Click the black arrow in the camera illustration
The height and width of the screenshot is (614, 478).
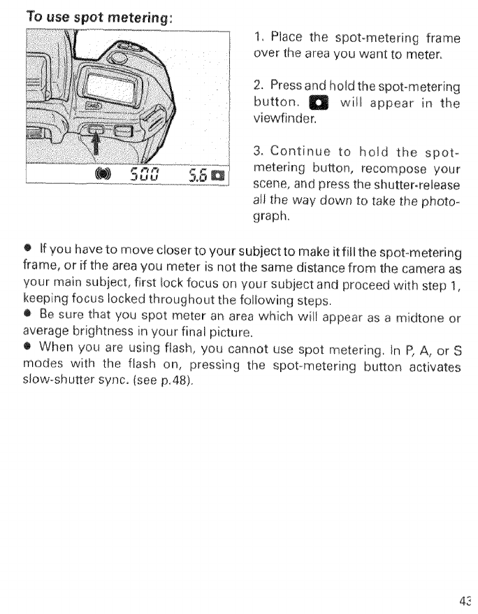tap(92, 146)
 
